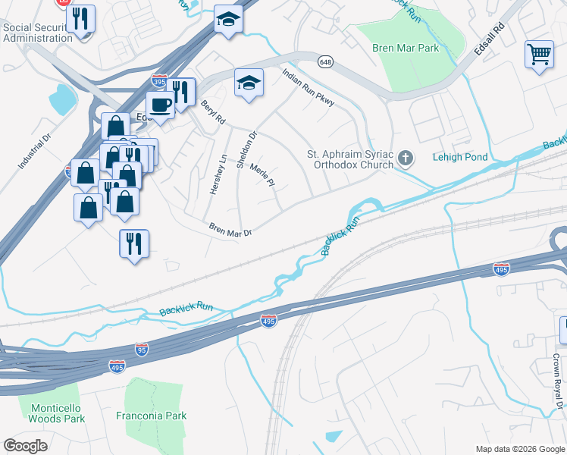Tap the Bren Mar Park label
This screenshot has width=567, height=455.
(x=406, y=48)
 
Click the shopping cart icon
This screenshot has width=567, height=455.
(x=539, y=54)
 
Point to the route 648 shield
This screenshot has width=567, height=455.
(x=324, y=62)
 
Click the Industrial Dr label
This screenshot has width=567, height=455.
(x=34, y=152)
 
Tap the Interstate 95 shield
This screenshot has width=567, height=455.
(x=143, y=350)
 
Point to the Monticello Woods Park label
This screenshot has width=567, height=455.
(x=57, y=413)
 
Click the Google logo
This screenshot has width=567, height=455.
(x=26, y=446)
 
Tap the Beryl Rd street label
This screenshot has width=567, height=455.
(x=213, y=112)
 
